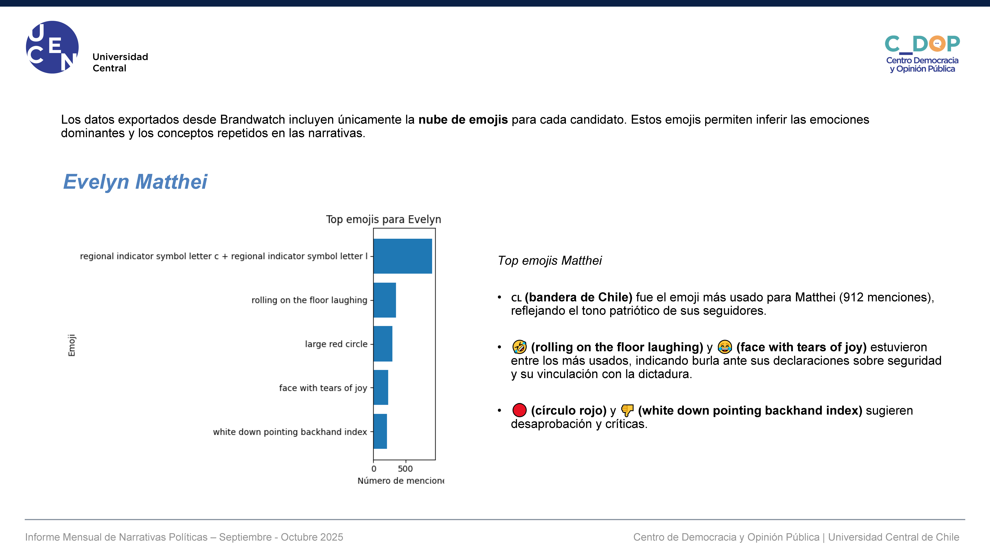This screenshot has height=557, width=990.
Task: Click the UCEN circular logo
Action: [x=52, y=47]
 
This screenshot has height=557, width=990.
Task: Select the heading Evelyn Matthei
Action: [x=135, y=182]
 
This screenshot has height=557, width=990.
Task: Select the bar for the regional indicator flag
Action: [x=403, y=256]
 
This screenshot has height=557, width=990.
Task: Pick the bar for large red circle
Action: [x=383, y=344]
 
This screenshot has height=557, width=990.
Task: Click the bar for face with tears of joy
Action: [x=381, y=388]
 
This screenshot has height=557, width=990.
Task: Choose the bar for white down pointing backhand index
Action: [x=380, y=431]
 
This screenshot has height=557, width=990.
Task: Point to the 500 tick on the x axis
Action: [x=405, y=469]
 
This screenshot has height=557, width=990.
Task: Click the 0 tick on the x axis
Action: [x=374, y=469]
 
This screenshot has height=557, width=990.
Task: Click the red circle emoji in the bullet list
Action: [x=519, y=410]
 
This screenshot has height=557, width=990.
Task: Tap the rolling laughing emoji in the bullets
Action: [x=519, y=347]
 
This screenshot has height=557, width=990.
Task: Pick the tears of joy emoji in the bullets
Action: [x=725, y=347]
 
